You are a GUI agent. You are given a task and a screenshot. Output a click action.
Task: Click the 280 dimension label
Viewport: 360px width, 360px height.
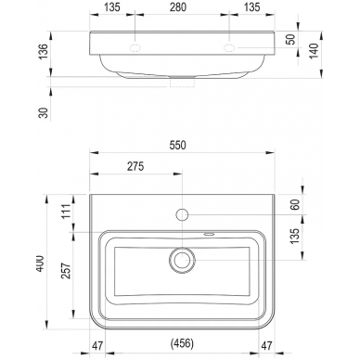click(178, 6)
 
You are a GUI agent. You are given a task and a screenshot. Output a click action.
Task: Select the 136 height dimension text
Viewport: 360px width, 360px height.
click(44, 52)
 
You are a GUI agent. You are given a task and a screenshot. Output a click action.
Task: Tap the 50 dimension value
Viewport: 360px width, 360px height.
click(291, 39)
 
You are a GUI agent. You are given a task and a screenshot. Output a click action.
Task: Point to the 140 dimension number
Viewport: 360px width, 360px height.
click(314, 51)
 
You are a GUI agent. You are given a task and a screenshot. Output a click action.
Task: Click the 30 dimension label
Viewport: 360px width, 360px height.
click(44, 112)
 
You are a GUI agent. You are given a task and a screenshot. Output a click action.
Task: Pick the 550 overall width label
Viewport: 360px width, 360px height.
click(178, 145)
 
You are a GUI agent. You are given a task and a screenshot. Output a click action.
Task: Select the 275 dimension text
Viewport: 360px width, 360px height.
click(135, 166)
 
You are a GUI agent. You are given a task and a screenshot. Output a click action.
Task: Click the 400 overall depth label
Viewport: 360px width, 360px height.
click(41, 264)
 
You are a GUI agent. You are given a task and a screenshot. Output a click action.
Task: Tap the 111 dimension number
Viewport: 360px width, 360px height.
click(66, 212)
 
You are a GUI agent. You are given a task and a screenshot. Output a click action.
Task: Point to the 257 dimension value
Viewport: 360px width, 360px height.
click(66, 271)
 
